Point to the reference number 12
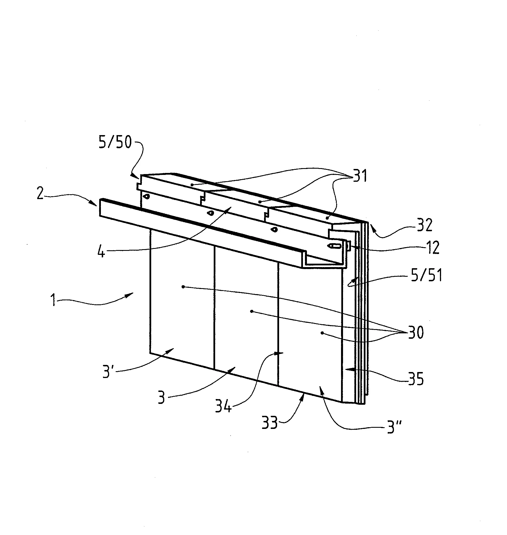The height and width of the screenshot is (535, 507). [x=431, y=247]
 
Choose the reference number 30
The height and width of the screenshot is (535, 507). [x=416, y=332]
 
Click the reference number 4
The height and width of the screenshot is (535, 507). [x=101, y=251]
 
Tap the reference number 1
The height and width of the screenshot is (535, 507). [x=53, y=300]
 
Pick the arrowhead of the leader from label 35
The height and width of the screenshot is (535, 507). [x=347, y=369]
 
